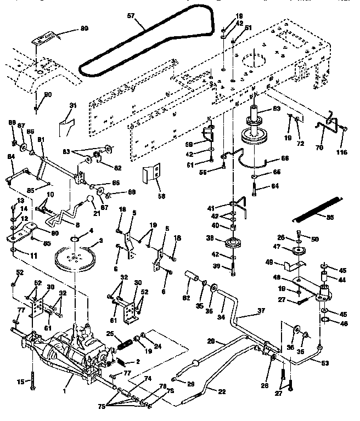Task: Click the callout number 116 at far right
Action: coord(342,151)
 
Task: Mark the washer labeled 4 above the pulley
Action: coord(75,238)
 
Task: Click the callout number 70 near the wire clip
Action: coord(319,147)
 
